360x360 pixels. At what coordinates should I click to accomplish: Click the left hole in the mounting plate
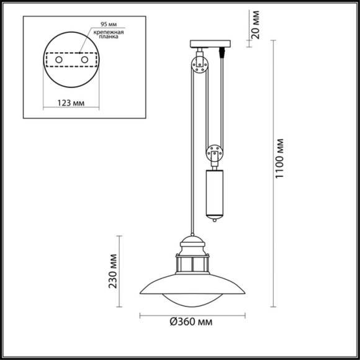pos(60,60)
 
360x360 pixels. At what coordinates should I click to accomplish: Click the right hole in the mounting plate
pos(85,60)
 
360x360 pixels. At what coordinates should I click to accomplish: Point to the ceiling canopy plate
pos(209,45)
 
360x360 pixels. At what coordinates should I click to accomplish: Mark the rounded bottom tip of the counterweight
pos(214,219)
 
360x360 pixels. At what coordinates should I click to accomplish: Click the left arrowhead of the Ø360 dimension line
pos(141,316)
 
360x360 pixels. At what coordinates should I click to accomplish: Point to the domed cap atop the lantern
pos(192,241)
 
